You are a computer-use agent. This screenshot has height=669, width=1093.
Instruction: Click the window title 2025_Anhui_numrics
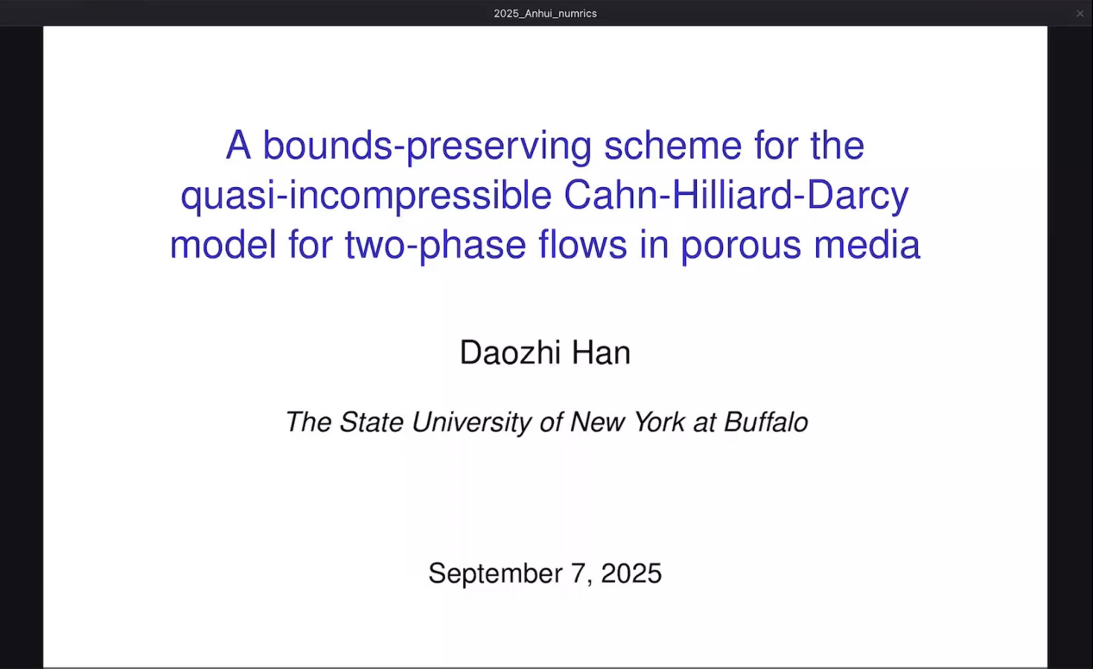point(545,14)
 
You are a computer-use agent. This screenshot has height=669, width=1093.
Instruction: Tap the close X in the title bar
point(1080,14)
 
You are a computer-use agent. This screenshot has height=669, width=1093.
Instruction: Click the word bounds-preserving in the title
point(427,147)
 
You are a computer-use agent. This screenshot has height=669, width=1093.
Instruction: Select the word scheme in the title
point(673,146)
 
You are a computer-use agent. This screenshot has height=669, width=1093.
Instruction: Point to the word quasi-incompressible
point(366,196)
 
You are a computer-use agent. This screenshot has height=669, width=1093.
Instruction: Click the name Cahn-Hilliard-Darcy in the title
point(736,196)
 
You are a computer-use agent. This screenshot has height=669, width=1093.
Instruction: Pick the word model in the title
point(223,244)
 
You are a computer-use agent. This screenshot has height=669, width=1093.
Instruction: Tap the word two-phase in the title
point(436,246)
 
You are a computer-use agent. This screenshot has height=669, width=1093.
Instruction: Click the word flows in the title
point(582,244)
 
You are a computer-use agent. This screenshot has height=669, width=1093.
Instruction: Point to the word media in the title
point(867,244)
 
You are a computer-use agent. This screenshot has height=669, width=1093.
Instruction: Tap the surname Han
point(601,352)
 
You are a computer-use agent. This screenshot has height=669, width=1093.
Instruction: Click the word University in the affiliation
point(472,422)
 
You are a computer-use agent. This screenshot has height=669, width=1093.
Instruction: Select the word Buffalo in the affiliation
point(766,422)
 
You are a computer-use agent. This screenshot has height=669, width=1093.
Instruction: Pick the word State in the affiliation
point(371,422)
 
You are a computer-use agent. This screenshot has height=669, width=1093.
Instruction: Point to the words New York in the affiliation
point(627,422)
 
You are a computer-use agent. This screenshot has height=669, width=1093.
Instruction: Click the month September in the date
point(495,574)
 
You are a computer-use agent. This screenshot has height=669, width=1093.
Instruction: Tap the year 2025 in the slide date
point(631,573)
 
